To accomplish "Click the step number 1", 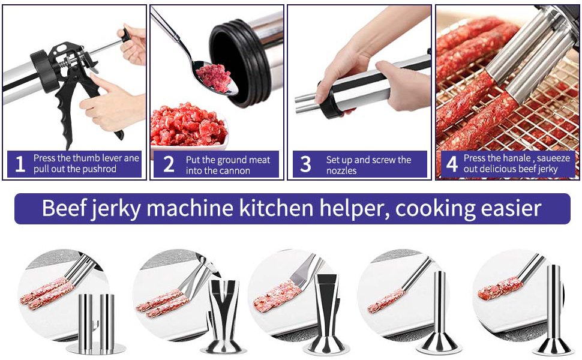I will pyautogui.click(x=20, y=164).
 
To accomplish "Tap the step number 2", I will pyautogui.click(x=169, y=164).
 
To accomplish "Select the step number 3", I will pyautogui.click(x=305, y=164).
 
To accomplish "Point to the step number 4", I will pyautogui.click(x=452, y=164).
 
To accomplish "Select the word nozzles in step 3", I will pyautogui.click(x=341, y=171).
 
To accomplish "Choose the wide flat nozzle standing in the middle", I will pyautogui.click(x=329, y=315).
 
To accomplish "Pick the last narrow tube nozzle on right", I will pyautogui.click(x=553, y=312).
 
